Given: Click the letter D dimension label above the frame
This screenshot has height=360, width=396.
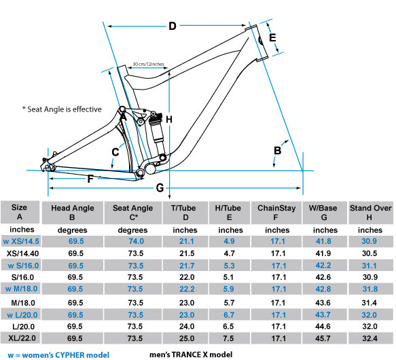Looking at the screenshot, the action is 173,26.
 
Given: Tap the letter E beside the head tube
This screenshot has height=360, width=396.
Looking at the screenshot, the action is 272,37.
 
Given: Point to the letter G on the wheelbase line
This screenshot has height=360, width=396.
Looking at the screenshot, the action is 160,188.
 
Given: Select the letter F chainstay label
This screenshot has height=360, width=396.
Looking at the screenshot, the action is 90,179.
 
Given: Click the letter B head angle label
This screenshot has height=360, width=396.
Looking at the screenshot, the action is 278,151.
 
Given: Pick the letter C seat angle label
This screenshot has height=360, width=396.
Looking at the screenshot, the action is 115,152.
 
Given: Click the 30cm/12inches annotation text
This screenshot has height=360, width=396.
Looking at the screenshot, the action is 148,64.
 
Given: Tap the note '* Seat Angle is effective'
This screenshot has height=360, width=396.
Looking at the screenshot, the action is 62,109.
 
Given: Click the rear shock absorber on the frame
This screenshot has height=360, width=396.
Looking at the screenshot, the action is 157,134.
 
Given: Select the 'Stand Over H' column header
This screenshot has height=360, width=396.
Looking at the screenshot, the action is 370,213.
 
